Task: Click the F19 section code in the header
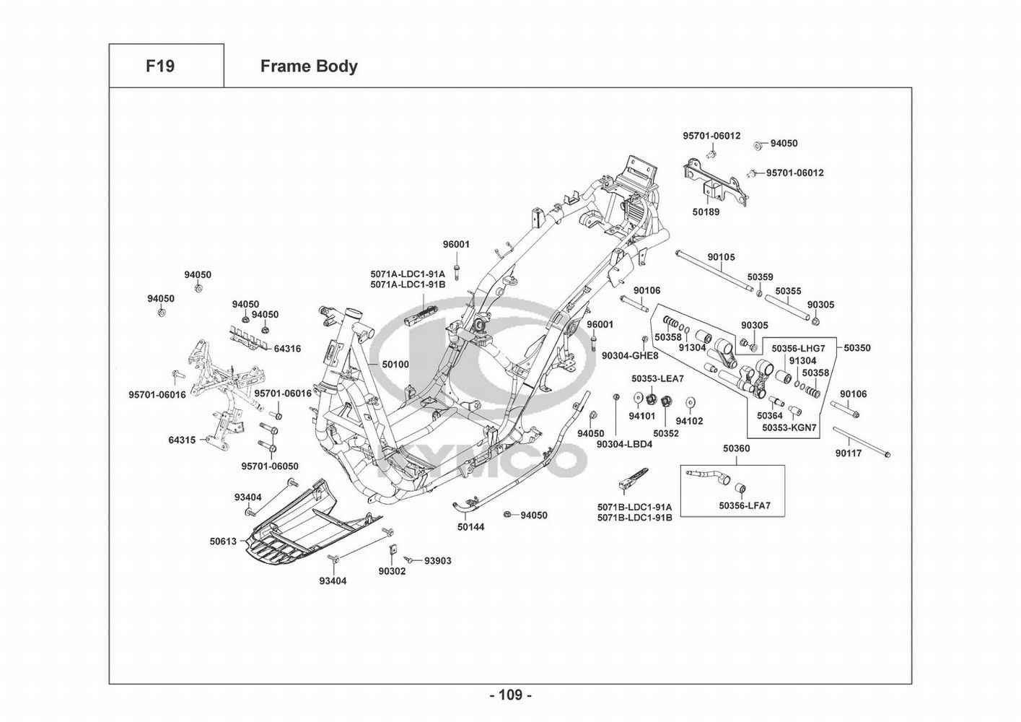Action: coord(159,66)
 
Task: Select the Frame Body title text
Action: coord(309,66)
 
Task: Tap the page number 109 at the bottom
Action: coord(510,695)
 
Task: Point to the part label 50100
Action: coord(395,365)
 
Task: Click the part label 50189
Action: coord(706,212)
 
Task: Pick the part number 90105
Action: coord(721,257)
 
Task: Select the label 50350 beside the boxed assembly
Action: coord(857,348)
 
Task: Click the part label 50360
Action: coord(737,448)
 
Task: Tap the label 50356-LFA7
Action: coord(745,506)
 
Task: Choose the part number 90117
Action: coord(849,453)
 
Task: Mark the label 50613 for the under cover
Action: coord(224,541)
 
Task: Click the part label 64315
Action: coord(182,440)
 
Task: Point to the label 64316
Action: coord(287,349)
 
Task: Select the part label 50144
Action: coord(470,527)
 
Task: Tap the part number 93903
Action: coord(437,561)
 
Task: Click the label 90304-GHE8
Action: coord(630,356)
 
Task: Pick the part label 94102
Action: coord(689,421)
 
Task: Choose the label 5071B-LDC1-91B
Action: coord(634,518)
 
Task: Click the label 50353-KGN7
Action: coord(789,427)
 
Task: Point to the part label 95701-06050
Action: coord(270,466)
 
